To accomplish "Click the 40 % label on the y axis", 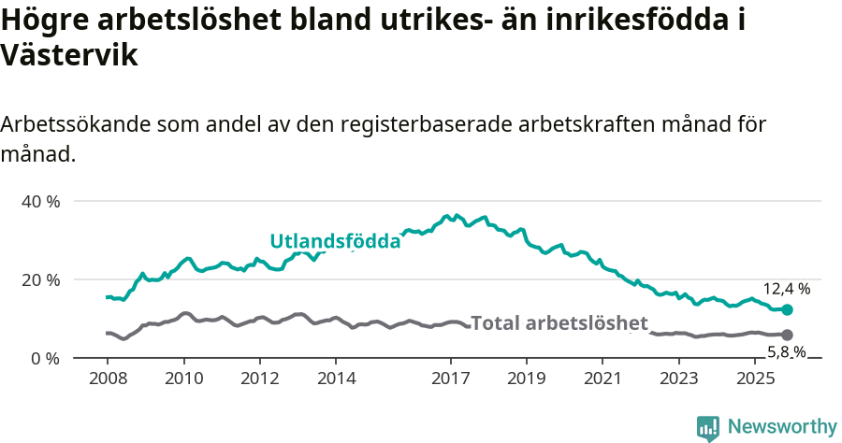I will pyautogui.click(x=40, y=201).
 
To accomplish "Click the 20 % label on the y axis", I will pyautogui.click(x=40, y=279).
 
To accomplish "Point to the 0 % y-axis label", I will pyautogui.click(x=45, y=358).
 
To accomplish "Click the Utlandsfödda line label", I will pyautogui.click(x=335, y=241).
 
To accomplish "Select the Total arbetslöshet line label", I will pyautogui.click(x=559, y=323).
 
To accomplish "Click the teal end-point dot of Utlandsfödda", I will pyautogui.click(x=787, y=309).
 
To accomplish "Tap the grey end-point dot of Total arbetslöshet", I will pyautogui.click(x=787, y=335).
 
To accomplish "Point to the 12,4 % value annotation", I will pyautogui.click(x=787, y=289).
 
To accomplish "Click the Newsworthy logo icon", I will pyautogui.click(x=708, y=427).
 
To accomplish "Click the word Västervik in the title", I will pyautogui.click(x=70, y=55).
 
